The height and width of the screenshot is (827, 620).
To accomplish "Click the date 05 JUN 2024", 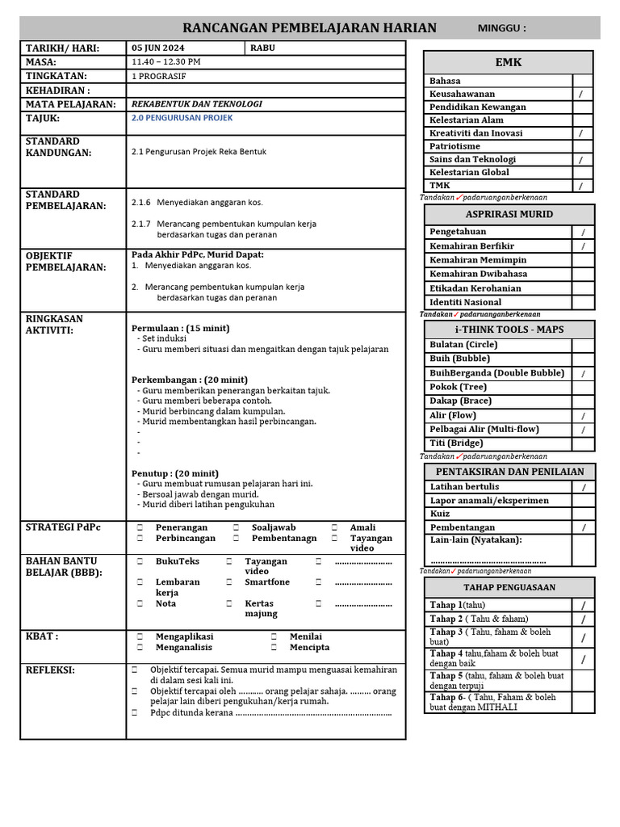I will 157,48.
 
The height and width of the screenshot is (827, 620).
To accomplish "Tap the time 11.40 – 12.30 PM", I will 166,61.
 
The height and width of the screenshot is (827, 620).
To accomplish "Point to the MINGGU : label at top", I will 501,28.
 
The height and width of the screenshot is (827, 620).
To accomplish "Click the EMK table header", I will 509,62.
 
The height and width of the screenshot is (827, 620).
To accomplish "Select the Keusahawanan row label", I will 463,94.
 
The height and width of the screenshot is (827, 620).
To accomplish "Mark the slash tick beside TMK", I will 581,186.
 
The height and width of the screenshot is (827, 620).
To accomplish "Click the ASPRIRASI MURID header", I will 509,214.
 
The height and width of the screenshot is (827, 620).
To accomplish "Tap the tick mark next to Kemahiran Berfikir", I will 583,246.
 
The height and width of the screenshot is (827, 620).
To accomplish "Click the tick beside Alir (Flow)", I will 583,415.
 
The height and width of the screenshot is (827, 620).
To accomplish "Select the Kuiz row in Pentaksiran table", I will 441,514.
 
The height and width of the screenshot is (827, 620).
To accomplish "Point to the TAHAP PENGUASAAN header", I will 509,587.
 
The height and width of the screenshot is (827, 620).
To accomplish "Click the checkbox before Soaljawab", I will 236,527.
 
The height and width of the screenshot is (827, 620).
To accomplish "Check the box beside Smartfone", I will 229,581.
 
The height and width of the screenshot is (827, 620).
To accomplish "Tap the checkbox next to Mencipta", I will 274,647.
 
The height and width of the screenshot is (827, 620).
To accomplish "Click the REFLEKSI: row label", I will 50,670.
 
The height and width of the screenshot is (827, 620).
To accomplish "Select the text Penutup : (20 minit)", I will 175,473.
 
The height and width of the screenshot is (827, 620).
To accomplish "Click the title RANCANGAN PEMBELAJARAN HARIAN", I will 310,28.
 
